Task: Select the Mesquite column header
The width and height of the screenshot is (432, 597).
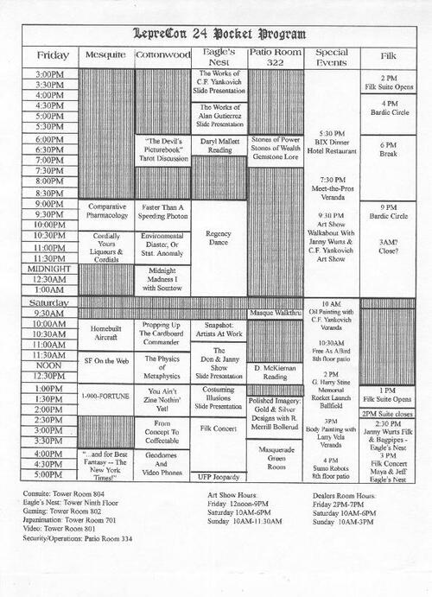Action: point(105,55)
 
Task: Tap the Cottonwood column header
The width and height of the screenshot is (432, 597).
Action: point(162,55)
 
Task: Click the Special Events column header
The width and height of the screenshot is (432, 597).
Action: point(331,55)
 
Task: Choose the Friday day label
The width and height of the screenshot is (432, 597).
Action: point(50,55)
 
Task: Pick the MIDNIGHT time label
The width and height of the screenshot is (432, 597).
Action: point(51,267)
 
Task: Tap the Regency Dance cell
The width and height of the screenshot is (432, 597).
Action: point(219,238)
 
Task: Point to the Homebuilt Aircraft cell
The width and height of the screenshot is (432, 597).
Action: point(105,333)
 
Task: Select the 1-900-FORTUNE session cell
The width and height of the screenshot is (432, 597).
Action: point(105,395)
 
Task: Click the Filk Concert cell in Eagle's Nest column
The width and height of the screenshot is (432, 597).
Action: point(219,428)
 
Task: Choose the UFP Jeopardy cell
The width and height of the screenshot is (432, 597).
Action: point(219,476)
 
